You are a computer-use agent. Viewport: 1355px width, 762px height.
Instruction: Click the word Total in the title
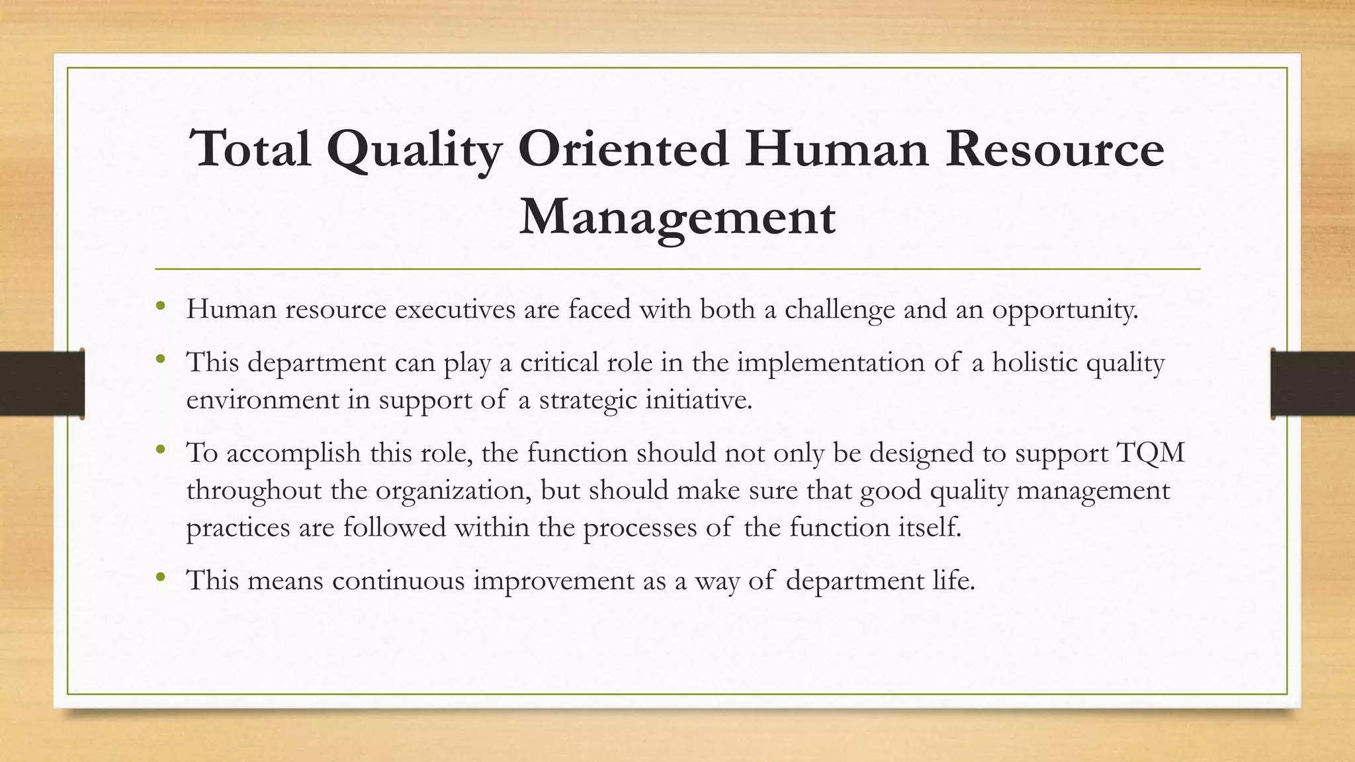250,148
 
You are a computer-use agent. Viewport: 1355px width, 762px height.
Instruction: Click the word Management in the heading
677,218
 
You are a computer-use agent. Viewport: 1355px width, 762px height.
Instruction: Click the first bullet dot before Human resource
160,306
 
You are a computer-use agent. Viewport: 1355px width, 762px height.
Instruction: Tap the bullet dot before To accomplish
160,450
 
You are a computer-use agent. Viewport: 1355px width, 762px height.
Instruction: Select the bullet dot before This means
160,577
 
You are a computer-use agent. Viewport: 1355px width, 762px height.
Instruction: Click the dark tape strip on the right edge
1313,384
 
